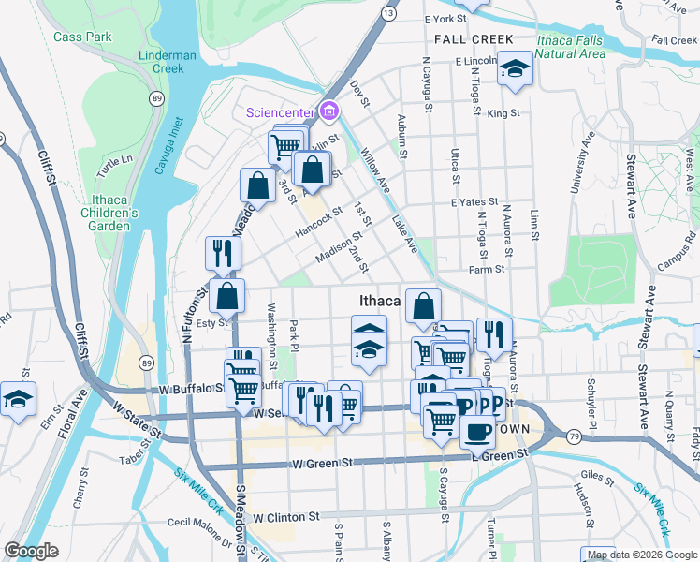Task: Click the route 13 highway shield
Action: [x=386, y=13]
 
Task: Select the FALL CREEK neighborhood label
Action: [x=474, y=39]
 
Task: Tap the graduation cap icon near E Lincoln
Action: [x=514, y=68]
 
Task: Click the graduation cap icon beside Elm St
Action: [x=17, y=399]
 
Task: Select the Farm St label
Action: [x=487, y=269]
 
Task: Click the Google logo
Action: [x=31, y=551]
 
